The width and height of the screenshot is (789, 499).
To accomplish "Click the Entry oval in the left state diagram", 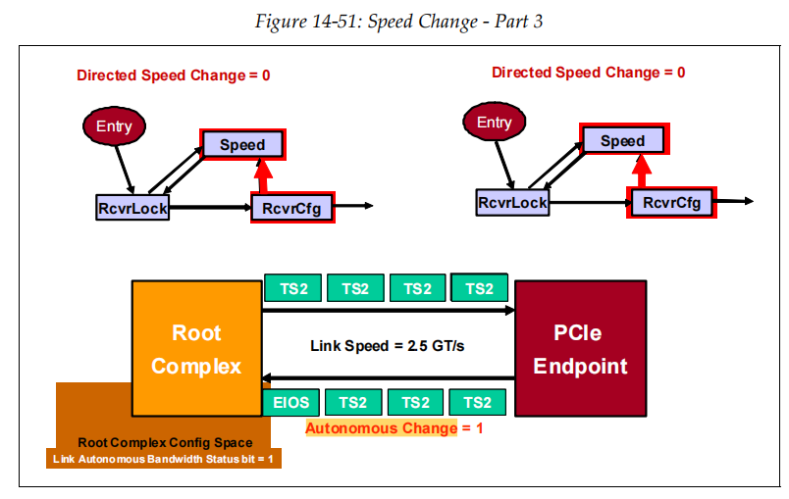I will pos(114,125).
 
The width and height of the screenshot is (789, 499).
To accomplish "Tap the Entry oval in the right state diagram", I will pos(494,123).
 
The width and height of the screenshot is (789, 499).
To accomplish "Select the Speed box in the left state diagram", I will pos(242,145).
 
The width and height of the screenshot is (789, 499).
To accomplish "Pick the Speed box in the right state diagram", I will pos(623,140).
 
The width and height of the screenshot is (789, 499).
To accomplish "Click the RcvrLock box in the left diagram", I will pos(132,208).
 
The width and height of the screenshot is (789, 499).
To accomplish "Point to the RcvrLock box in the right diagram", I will pos(512,203).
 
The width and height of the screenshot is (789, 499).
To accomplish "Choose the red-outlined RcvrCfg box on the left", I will pos(292,208).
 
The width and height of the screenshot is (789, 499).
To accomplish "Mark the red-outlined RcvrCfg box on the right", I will pos(672,203).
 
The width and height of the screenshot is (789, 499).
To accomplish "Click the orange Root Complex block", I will pos(196,349).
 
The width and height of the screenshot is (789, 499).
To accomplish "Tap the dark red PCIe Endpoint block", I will pos(580,349).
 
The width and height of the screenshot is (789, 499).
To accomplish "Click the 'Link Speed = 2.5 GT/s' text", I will pos(387,346).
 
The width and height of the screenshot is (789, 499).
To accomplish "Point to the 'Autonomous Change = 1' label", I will pos(394,428).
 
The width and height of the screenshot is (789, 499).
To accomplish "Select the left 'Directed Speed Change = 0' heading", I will pos(174,75).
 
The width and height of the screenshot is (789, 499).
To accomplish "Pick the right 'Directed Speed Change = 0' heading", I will pos(589,73).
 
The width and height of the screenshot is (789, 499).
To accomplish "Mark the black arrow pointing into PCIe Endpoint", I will pos(388,311).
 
